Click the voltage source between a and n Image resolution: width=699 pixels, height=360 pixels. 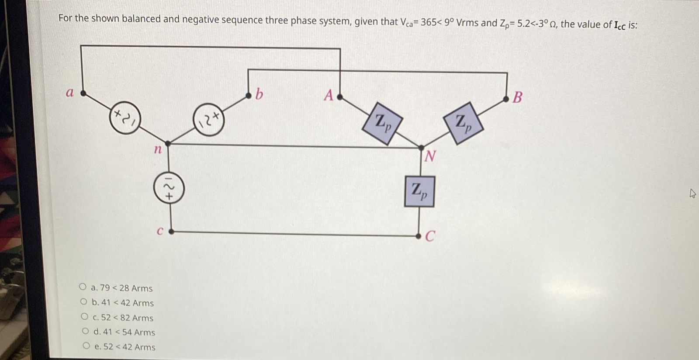click(x=125, y=118)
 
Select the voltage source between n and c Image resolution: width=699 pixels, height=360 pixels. click(x=169, y=188)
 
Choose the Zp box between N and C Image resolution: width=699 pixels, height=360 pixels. click(x=419, y=191)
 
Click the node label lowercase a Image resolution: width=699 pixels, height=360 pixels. click(x=69, y=93)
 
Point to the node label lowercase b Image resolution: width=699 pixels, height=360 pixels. click(x=259, y=94)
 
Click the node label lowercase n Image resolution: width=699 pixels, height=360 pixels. click(x=158, y=150)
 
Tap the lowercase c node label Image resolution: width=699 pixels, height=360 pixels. click(x=160, y=232)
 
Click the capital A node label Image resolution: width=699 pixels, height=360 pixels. click(x=329, y=95)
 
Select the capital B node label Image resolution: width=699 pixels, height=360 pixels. click(x=517, y=97)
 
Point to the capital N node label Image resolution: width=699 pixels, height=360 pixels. click(x=430, y=156)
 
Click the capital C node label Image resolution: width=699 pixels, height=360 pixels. click(x=430, y=236)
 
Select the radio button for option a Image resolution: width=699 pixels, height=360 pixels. click(x=83, y=287)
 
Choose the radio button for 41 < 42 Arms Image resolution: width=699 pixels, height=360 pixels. click(x=84, y=302)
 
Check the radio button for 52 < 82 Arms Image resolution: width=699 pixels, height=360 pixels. click(x=85, y=316)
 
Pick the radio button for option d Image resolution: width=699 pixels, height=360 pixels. click(x=85, y=331)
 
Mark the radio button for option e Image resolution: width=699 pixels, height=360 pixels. click(x=86, y=346)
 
